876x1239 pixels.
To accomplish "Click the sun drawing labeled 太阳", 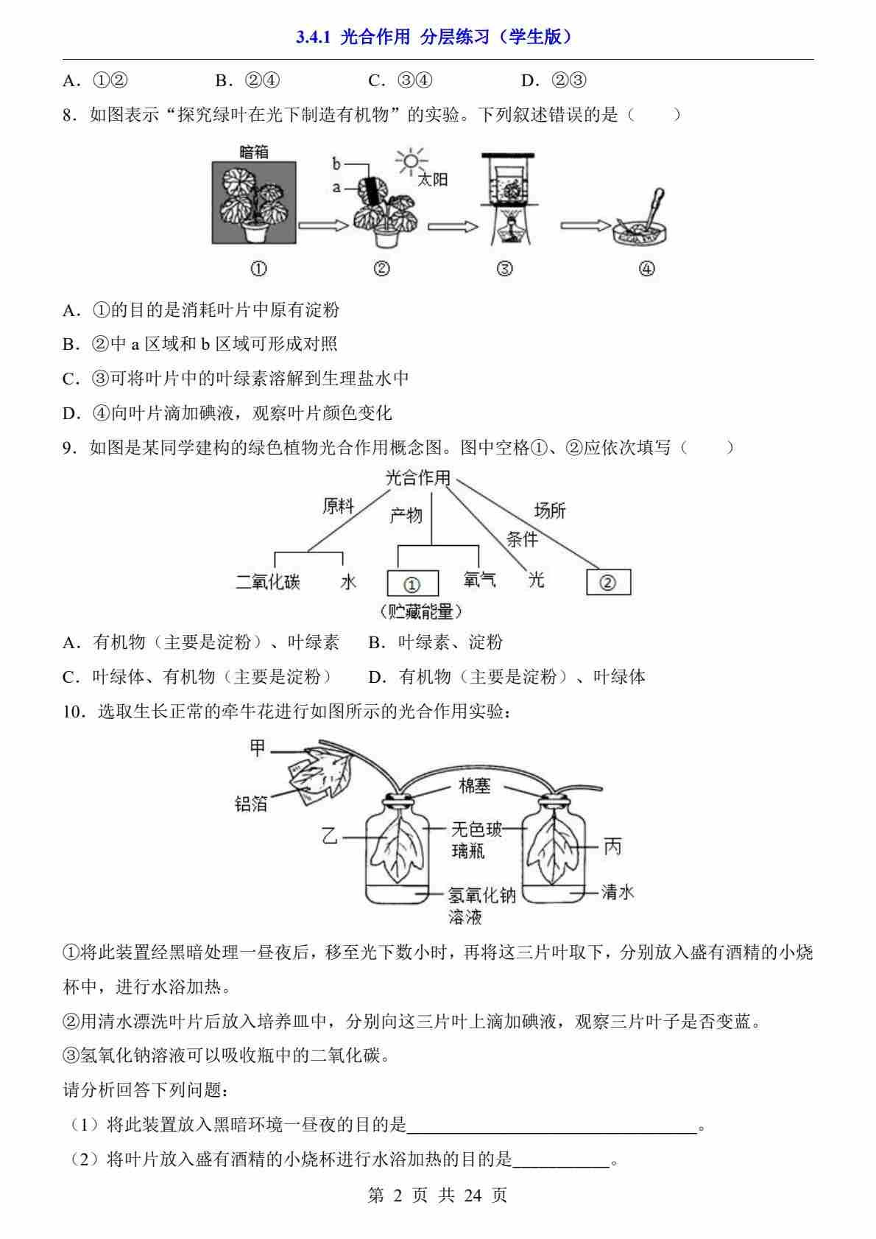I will point(411,161).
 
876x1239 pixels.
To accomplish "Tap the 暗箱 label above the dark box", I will point(254,152).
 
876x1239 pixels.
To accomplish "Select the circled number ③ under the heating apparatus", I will point(505,269).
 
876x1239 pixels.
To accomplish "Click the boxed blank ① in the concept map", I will point(412,583).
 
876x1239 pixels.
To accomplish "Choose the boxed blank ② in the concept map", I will point(608,582).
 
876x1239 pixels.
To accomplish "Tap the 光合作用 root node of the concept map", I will point(417,478).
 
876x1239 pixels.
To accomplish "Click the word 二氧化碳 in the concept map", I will point(268,581).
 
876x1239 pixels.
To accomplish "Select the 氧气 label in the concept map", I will point(479,580).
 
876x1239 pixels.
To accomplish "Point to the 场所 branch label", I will point(549,510).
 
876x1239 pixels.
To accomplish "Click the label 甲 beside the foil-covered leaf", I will point(257,748).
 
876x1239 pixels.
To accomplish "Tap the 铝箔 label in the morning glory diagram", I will point(251,804).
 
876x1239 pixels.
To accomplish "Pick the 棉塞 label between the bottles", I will point(474,786).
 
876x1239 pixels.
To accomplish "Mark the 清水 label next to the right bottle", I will point(617,892).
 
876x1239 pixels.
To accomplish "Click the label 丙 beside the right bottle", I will point(612,847).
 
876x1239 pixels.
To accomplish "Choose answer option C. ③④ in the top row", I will point(400,80).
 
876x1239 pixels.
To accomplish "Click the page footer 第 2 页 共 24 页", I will point(437,1195).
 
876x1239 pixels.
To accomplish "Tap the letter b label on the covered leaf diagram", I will point(336,163).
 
